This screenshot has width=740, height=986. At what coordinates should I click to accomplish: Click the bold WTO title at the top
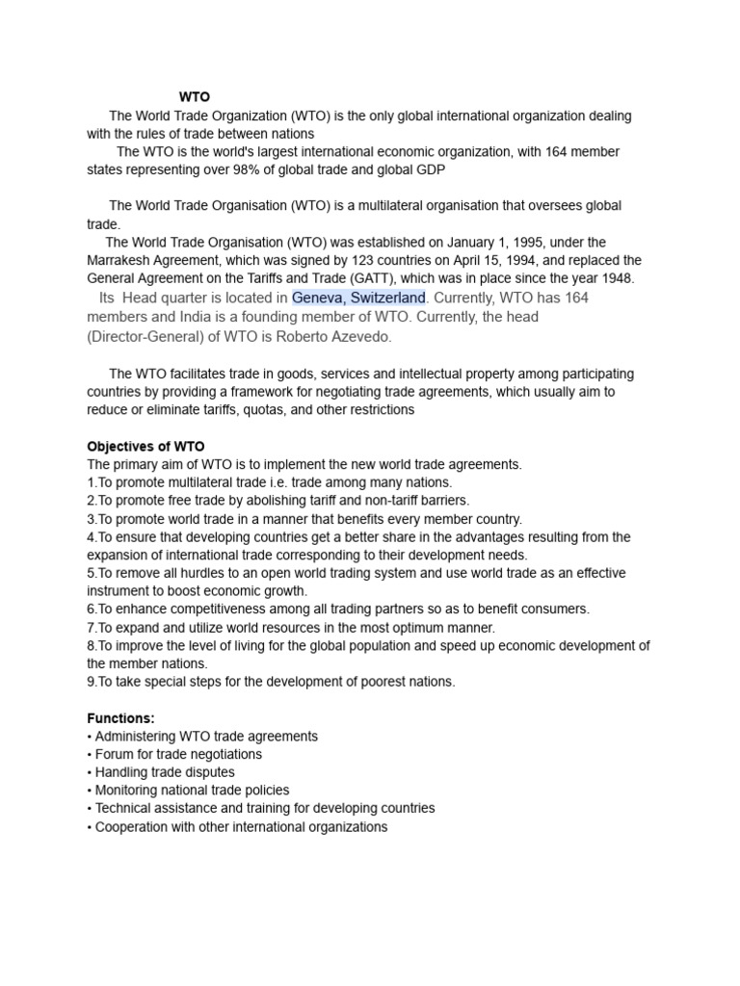[194, 97]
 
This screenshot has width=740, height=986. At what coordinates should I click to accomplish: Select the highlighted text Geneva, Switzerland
[358, 298]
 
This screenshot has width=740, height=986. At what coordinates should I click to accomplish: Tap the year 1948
[617, 278]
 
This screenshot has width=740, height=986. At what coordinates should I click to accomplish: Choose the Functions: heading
[120, 718]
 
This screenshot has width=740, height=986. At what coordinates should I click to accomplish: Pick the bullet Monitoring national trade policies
[186, 791]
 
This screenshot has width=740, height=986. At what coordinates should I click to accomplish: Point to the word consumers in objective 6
[558, 609]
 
